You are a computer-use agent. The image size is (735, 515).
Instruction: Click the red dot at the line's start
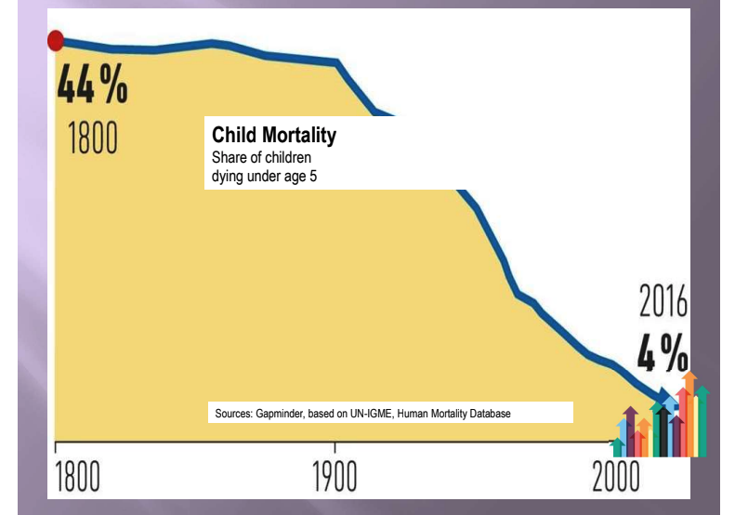[x=56, y=40]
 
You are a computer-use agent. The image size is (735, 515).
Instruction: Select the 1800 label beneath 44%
[x=92, y=137]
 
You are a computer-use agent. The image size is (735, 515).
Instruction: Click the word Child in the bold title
[x=232, y=136]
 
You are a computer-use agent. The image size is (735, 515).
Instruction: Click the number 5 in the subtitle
[x=313, y=175]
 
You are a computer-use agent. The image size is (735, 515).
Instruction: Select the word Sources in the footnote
[x=235, y=413]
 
